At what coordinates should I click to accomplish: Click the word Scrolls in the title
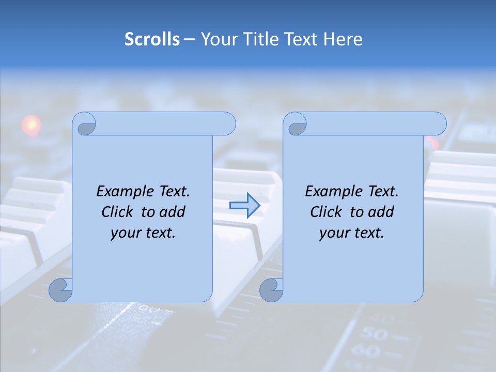click(x=152, y=39)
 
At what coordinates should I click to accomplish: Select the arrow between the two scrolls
click(x=244, y=206)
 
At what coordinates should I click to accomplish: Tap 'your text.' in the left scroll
click(x=143, y=233)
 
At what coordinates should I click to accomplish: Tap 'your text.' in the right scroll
click(x=352, y=233)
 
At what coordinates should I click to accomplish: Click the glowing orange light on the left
click(x=31, y=125)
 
